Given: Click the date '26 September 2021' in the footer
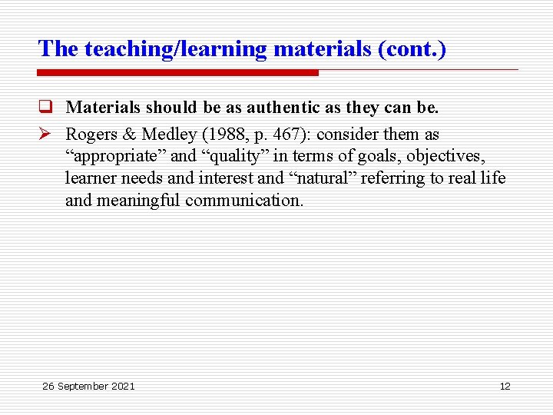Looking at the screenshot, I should [88, 386].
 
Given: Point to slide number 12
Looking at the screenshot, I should [505, 386].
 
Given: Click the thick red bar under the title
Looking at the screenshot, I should [177, 73].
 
